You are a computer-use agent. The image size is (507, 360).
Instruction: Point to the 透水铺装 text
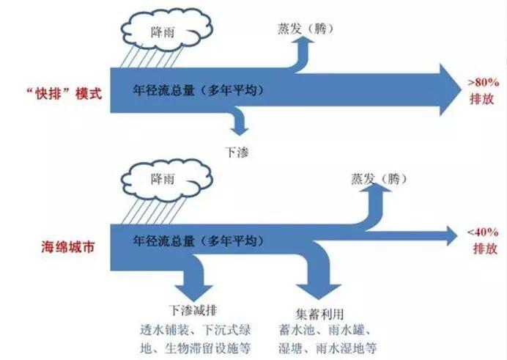click(x=165, y=328)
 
